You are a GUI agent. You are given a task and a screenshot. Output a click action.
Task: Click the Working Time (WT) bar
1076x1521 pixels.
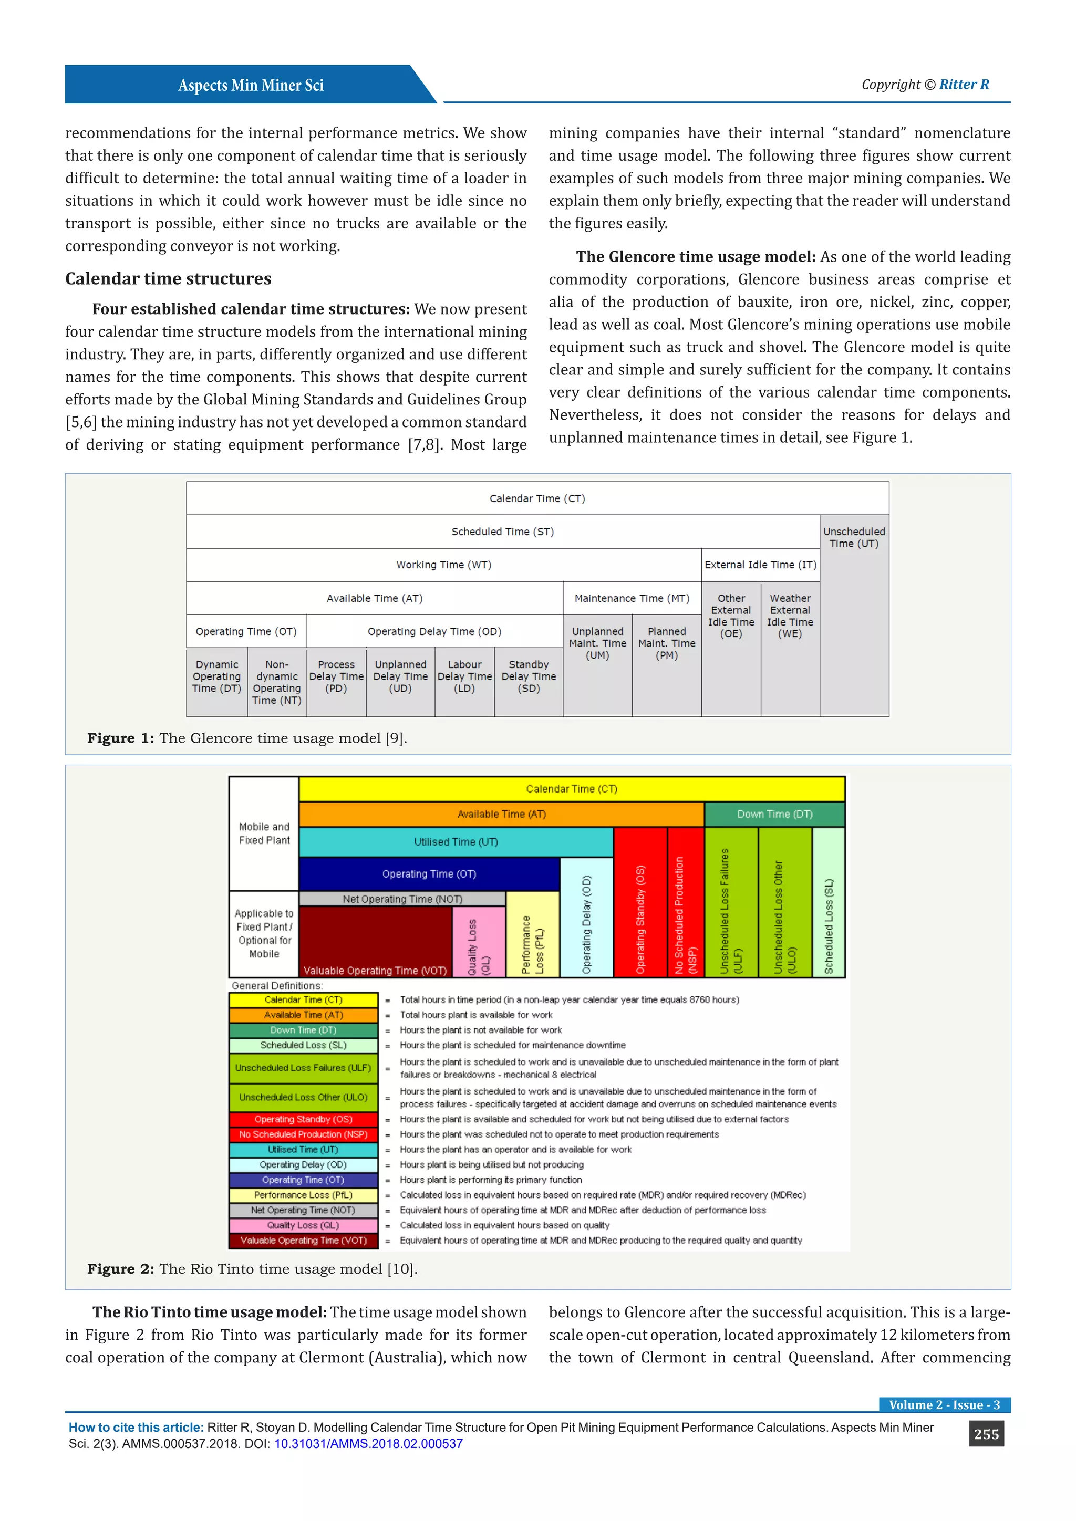coord(443,565)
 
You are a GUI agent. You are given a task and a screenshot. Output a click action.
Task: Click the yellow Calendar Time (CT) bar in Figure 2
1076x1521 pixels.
coord(571,789)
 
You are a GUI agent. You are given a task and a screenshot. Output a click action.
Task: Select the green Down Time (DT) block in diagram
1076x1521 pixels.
coord(774,814)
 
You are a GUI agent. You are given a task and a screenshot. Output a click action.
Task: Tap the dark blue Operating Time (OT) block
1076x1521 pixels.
coord(429,874)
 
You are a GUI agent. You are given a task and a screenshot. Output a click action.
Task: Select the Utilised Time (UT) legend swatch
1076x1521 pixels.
coord(304,1149)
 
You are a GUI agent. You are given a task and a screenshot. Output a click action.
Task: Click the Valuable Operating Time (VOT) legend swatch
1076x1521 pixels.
coord(304,1240)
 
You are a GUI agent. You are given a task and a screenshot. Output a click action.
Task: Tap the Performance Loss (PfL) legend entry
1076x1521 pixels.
coord(304,1195)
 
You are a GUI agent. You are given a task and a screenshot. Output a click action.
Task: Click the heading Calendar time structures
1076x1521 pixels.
coord(168,278)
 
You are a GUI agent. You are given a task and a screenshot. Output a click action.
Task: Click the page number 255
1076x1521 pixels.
coord(986,1434)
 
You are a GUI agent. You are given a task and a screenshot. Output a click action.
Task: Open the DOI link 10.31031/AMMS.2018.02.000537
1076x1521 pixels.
coord(368,1444)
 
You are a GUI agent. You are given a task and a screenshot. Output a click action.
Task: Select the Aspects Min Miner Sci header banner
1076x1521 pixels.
coord(251,85)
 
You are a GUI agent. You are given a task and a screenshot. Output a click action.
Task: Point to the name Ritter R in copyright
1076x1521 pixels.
coord(964,84)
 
